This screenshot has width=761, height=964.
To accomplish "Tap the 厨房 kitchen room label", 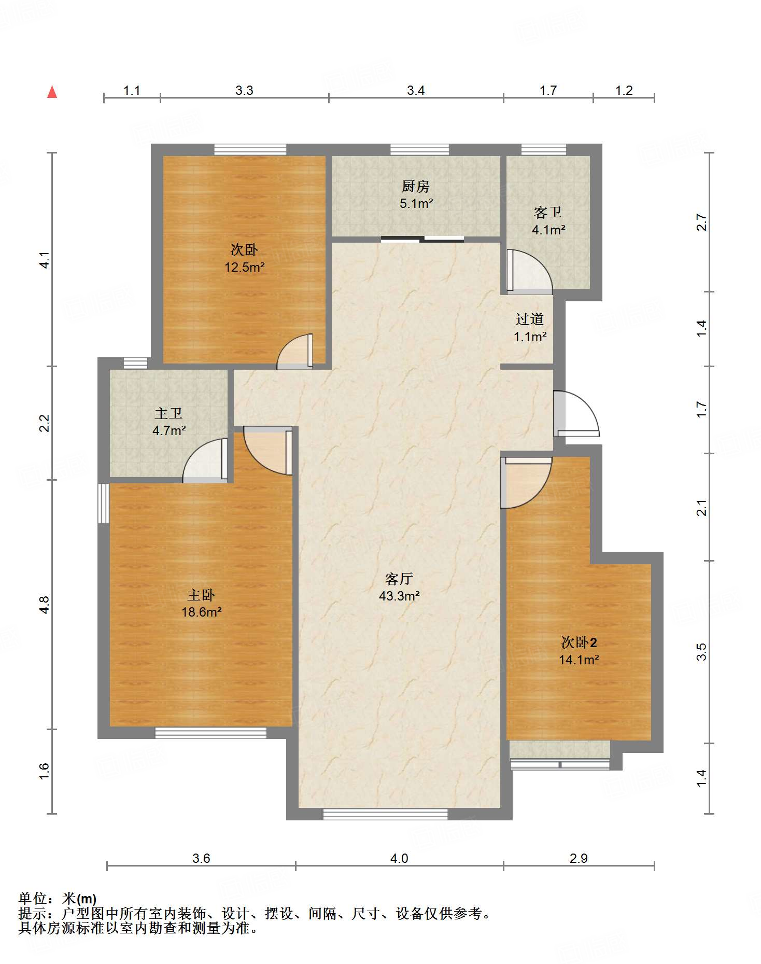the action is click(415, 186).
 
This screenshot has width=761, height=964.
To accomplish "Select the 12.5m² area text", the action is click(244, 268).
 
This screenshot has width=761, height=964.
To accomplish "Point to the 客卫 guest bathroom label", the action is click(548, 212).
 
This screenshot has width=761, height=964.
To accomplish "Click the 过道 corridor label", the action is click(530, 319).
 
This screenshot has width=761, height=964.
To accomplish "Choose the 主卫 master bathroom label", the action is click(168, 413).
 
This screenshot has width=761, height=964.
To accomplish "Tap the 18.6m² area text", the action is click(201, 612).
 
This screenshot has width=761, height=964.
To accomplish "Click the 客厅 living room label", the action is click(399, 578).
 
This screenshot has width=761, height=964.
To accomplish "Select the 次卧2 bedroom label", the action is click(579, 642).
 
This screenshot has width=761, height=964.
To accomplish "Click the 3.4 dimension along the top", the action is click(416, 91).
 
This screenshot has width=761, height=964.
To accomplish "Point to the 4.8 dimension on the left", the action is click(45, 605).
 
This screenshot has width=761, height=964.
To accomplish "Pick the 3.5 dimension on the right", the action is click(701, 652).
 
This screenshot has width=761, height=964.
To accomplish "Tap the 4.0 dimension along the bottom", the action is click(399, 858).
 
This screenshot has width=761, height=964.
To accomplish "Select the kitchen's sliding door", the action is click(422, 239).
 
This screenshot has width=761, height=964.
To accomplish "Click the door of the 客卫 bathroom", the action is click(529, 271).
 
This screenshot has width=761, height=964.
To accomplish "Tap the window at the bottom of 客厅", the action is click(385, 814).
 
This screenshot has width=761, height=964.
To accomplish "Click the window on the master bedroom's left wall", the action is click(104, 503).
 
